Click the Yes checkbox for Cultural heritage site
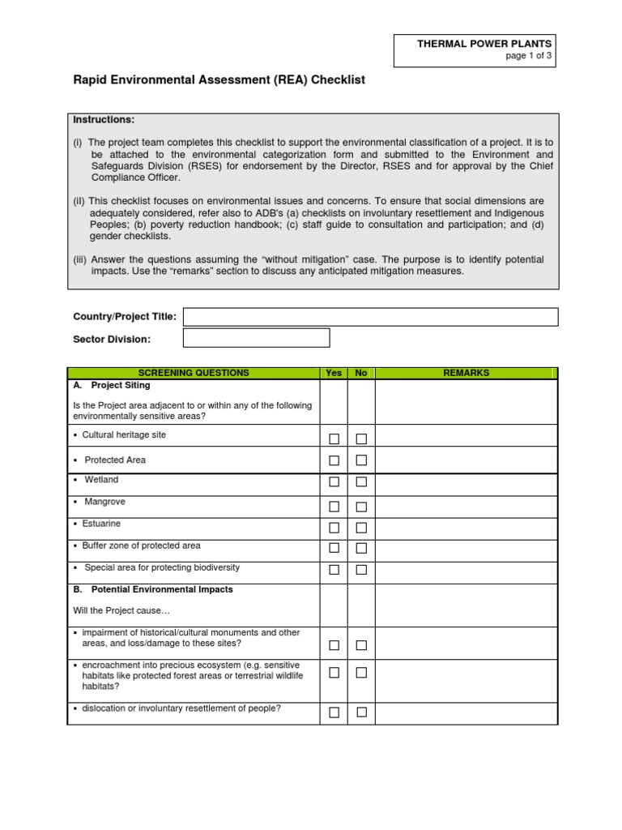[x=334, y=439]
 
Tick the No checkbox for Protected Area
[x=361, y=460]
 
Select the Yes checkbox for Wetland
[x=334, y=482]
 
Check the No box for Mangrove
[x=361, y=507]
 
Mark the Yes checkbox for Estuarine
[x=334, y=528]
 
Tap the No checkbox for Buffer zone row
[x=361, y=549]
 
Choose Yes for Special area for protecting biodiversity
[x=334, y=571]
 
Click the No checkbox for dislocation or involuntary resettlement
[x=361, y=712]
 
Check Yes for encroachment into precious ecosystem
[x=334, y=673]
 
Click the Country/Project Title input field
[x=371, y=316]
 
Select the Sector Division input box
[x=257, y=338]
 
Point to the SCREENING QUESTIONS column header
[x=194, y=373]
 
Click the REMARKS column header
[x=466, y=373]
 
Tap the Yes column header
[x=334, y=373]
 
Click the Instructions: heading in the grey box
[x=104, y=119]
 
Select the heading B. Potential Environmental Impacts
[x=153, y=589]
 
